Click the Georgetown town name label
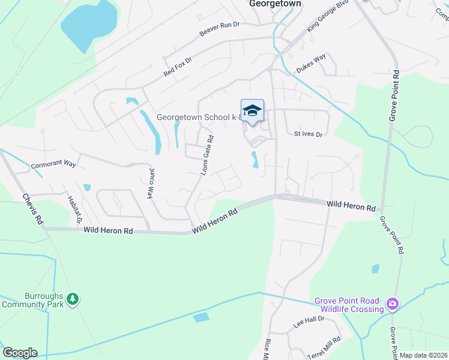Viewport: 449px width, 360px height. coord(274,4)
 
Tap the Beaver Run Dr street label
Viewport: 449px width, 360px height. coord(220,29)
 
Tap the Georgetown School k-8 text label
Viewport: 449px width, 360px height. coord(198,118)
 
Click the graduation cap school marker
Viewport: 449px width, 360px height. coord(253,110)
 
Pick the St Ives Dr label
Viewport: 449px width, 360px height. coord(309,134)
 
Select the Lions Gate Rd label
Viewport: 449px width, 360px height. coord(207,155)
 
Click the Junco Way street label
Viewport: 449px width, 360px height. coord(151,183)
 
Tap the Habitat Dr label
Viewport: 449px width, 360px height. coord(75,210)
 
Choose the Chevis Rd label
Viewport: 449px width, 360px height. coord(33,209)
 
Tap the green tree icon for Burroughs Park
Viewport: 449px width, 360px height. coord(73,299)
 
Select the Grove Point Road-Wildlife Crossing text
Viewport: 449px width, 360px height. coord(350,305)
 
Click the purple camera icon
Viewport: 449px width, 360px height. coord(393,305)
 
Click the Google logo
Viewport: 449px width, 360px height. coord(19,353)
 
